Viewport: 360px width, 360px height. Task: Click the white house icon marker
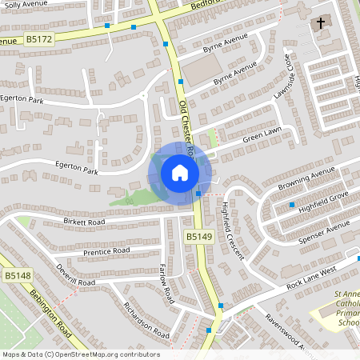click(x=180, y=173)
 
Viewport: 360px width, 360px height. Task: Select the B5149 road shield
click(x=199, y=237)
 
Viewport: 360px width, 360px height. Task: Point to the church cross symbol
click(x=322, y=24)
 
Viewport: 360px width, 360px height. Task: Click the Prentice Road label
click(x=106, y=251)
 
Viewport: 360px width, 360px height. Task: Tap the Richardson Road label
click(x=146, y=320)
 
